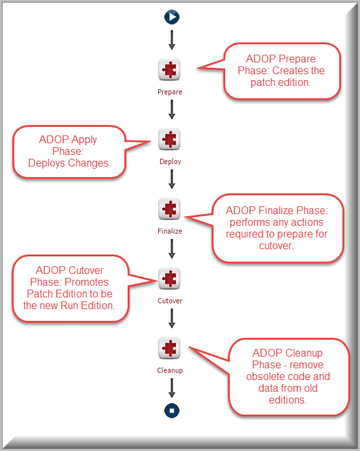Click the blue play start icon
[172, 17]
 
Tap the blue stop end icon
[172, 411]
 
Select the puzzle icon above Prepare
[169, 70]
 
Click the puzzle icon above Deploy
[169, 139]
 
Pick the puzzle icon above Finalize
[169, 209]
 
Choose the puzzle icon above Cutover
[169, 279]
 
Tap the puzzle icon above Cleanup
[169, 348]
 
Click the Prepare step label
[170, 92]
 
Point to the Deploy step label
[171, 161]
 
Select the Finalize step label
[170, 231]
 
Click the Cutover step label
[170, 301]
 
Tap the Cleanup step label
[170, 370]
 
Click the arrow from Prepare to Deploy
[172, 109]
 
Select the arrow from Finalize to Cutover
[172, 249]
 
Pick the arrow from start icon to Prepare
[172, 40]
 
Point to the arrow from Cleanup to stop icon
[172, 388]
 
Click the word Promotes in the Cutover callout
[87, 282]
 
